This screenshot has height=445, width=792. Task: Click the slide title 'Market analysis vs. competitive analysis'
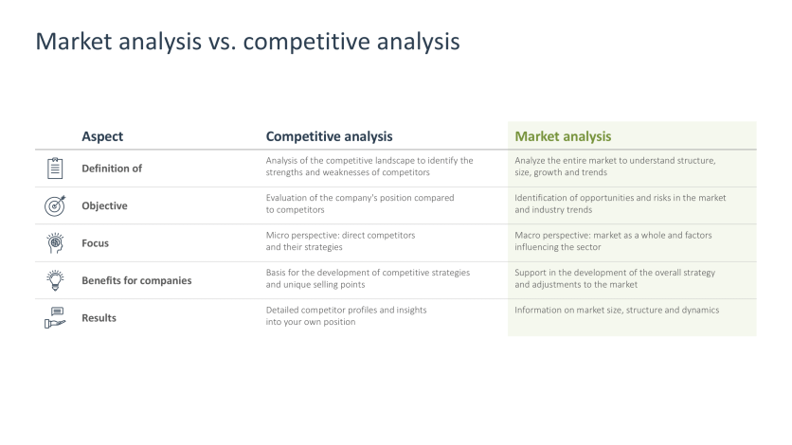(247, 42)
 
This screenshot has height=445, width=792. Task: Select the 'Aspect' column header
(102, 136)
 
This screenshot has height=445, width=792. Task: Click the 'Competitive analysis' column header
(329, 136)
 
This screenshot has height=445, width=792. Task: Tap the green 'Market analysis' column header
(563, 136)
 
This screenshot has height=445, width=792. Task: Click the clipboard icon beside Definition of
(55, 169)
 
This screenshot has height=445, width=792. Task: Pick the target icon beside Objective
(55, 205)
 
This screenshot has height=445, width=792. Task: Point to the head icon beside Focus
(55, 242)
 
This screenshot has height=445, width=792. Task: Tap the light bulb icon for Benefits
(55, 280)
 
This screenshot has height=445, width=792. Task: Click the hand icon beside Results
(55, 318)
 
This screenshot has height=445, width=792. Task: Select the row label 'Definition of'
(112, 169)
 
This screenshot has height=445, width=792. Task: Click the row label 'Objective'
(104, 205)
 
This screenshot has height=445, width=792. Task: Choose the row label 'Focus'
(95, 243)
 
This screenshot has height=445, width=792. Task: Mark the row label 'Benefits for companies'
(136, 280)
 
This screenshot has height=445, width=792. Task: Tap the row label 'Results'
(99, 318)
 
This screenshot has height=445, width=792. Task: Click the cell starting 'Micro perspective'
(340, 240)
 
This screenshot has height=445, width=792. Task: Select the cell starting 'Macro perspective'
(613, 240)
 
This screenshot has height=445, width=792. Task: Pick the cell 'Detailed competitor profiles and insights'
(346, 315)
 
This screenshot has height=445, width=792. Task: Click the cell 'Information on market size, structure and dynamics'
(617, 310)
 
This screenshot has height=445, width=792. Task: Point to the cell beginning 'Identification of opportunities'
(620, 204)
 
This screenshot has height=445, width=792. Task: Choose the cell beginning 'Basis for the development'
(368, 278)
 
